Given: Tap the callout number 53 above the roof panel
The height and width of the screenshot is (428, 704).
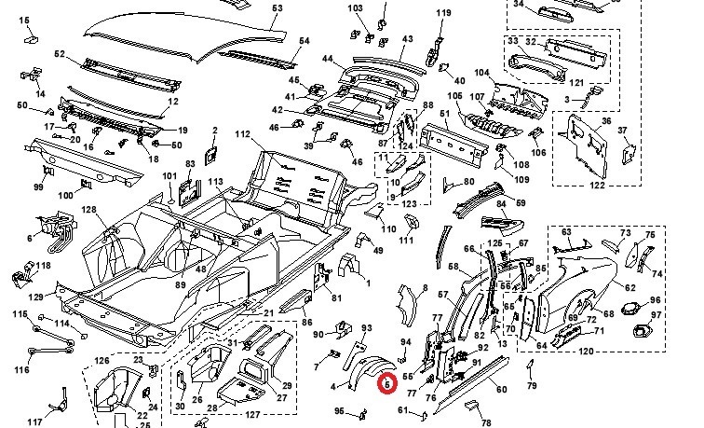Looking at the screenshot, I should pos(277,8).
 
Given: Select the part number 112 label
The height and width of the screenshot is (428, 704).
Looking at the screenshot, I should pos(243,136).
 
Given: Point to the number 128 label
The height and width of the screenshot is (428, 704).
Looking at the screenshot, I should pos(88,210).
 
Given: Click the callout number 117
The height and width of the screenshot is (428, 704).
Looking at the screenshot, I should pos(34,422).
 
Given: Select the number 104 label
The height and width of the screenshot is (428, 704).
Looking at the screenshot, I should pos(481,73).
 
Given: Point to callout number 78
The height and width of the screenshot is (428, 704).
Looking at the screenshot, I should pos(486,422).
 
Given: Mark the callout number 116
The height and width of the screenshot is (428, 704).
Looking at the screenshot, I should pos(21,370).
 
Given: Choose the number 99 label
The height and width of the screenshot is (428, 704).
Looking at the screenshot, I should pos(38,188).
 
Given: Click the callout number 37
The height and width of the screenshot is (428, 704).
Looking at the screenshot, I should pos(623,130).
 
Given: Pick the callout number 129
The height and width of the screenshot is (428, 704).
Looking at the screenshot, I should pos(35,296).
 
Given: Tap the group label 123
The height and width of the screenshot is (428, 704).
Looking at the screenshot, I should pos(407,203).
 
